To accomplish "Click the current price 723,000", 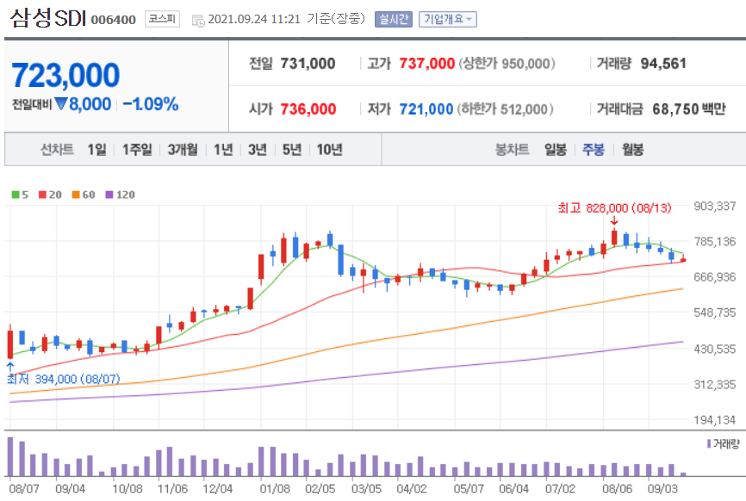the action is (65, 76).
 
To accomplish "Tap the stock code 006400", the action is (113, 20).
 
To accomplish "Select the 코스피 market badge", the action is (162, 19).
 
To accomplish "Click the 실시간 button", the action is (394, 19).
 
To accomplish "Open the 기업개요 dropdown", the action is (448, 19).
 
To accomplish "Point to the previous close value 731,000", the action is (308, 63).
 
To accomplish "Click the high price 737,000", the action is (426, 63).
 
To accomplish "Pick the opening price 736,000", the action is (308, 109).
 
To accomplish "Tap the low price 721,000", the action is (426, 109).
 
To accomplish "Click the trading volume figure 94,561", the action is (663, 63).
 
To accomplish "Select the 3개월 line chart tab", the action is (183, 150).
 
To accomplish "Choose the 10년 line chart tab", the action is (330, 150).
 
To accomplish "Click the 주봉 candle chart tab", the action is (594, 150).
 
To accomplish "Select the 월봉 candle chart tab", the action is (633, 150).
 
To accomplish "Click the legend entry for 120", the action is (121, 195).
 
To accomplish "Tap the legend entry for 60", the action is (84, 195).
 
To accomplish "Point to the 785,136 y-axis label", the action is (715, 242).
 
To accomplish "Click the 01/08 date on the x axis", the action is (275, 489).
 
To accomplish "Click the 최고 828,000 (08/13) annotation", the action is (614, 207).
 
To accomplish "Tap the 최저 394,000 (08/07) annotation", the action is (63, 379).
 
